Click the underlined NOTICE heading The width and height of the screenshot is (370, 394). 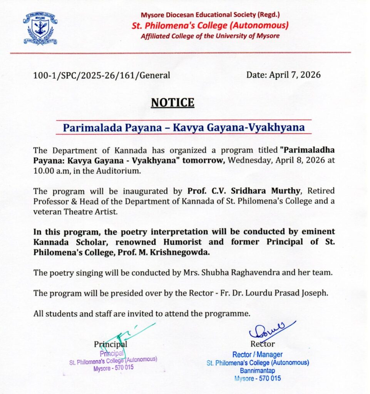[x=172, y=103]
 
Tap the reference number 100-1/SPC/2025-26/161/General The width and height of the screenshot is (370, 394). [x=102, y=75]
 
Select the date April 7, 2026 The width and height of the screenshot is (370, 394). [x=283, y=75]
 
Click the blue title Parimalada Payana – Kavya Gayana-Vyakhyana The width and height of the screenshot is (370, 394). [x=184, y=127]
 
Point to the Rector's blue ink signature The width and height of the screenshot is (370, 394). [x=271, y=331]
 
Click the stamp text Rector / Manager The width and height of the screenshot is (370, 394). [x=257, y=355]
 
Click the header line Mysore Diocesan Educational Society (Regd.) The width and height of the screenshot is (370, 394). [x=210, y=15]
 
